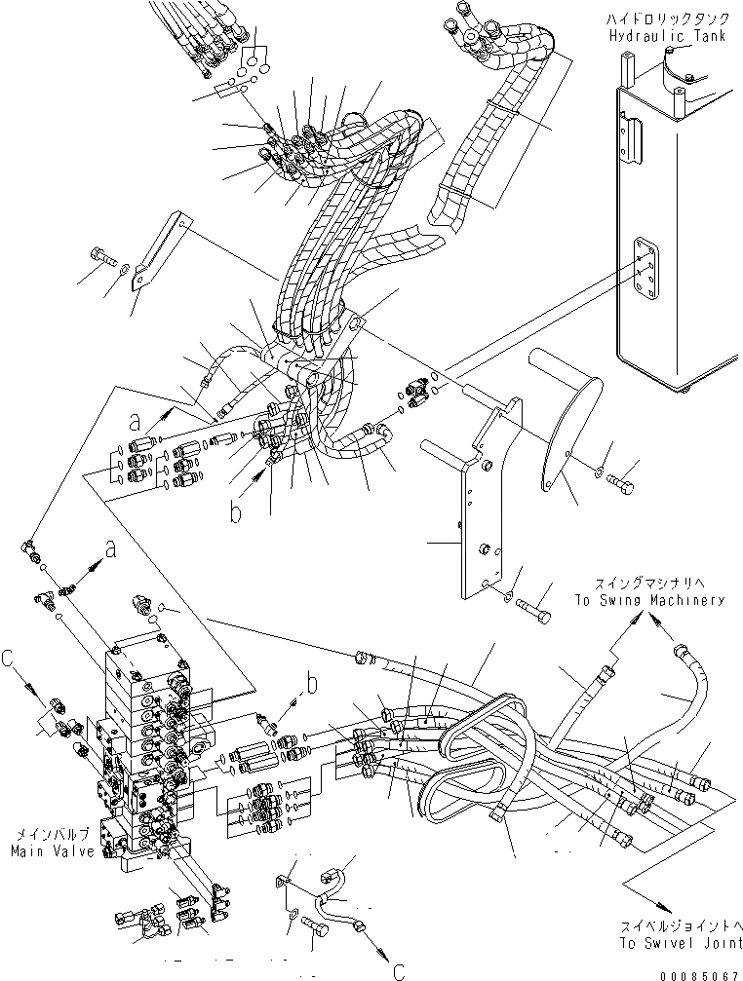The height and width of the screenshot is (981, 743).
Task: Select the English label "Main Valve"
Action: (x=53, y=850)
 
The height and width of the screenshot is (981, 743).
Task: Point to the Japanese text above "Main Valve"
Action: (x=53, y=834)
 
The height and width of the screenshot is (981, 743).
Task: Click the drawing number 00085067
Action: (x=700, y=970)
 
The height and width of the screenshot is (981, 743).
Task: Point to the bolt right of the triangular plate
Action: (x=621, y=478)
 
